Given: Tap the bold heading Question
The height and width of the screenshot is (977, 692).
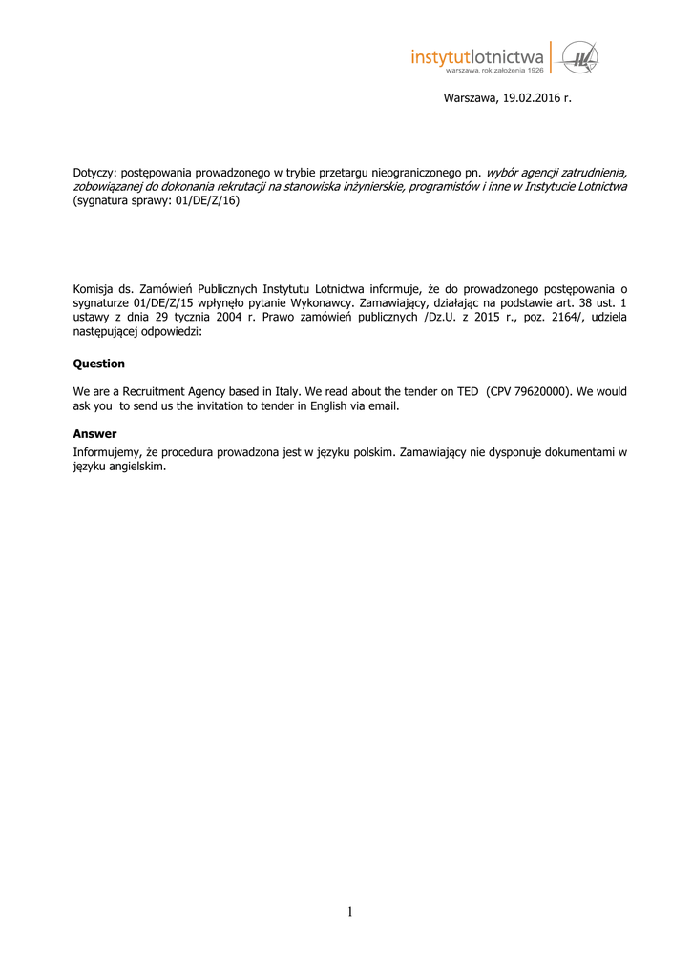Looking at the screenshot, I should click(99, 364).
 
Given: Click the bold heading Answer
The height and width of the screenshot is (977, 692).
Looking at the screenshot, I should click(94, 433).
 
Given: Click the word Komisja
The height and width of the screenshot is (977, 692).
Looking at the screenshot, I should click(94, 286).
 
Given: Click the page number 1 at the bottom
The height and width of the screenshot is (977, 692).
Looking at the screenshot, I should click(350, 913).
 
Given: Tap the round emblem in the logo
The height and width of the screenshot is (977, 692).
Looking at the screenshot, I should click(579, 59).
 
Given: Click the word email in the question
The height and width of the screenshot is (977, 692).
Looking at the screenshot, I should click(382, 405).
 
